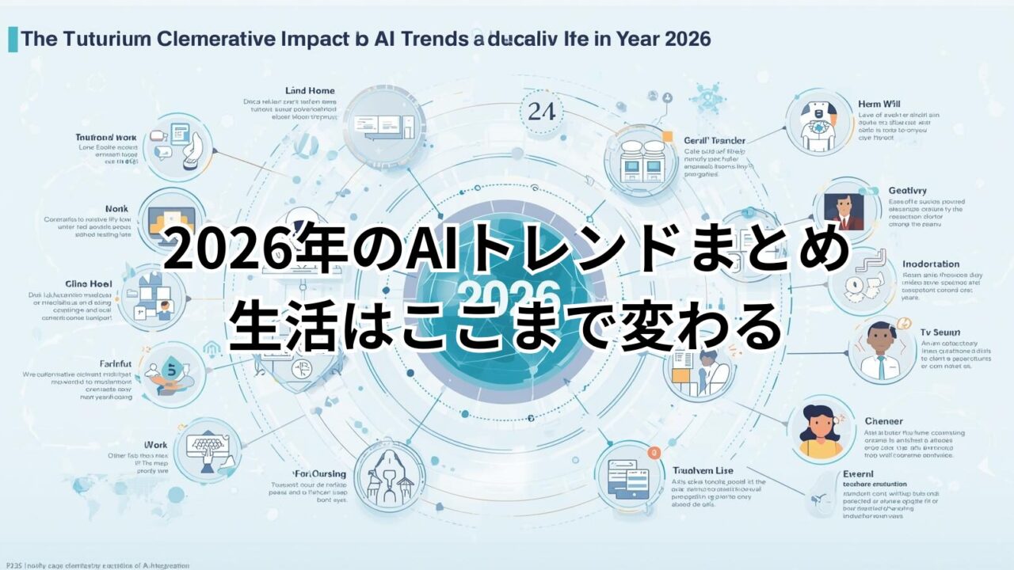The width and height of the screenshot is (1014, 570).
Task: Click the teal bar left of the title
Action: [x=13, y=39]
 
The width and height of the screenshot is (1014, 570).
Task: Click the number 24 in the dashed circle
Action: [x=541, y=112]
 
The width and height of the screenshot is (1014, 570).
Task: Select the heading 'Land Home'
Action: [x=310, y=91]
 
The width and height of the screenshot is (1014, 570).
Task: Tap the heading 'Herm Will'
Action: [x=880, y=104]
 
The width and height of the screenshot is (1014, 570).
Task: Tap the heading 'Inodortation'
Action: [x=931, y=264]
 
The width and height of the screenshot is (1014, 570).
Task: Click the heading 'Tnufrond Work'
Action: [x=105, y=137]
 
